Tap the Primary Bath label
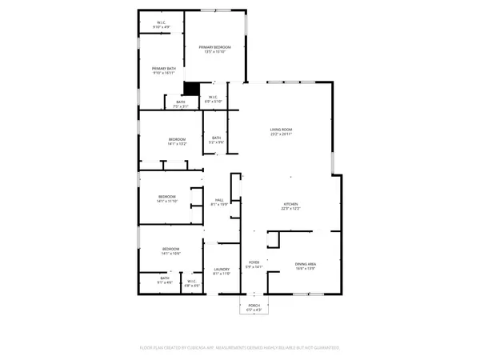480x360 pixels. point(163,70)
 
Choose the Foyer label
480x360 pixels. point(254,263)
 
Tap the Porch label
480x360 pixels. point(254,306)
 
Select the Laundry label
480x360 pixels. point(222,271)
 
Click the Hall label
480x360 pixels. point(219,202)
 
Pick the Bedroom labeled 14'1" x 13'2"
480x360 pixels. point(177,142)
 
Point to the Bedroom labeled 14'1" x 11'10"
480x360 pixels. point(166,198)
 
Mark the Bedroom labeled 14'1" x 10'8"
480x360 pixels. point(171,250)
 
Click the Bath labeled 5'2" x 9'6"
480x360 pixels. point(216,140)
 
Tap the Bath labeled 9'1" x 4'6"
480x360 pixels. point(164,280)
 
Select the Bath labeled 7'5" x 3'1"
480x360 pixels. point(180,103)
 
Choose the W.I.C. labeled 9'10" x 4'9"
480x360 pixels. point(162,26)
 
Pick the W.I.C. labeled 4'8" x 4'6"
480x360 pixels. point(193,283)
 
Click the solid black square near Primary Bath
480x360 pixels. point(192,88)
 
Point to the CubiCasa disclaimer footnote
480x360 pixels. point(240,348)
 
